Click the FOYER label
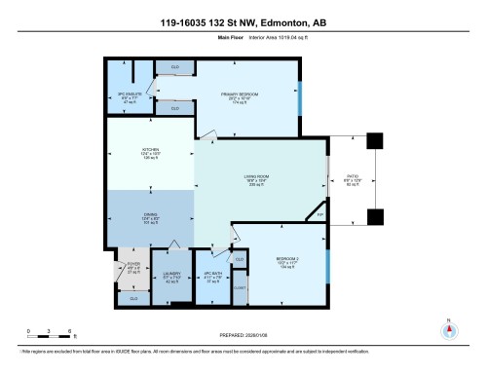tap(133, 264)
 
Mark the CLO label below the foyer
tap(133, 298)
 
